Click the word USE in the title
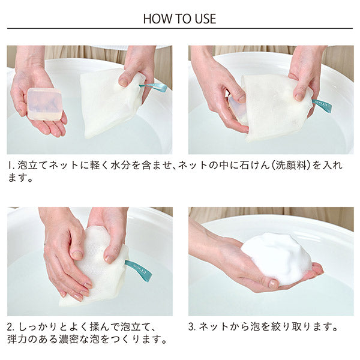point(205,19)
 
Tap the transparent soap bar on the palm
point(45,104)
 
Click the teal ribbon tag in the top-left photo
point(154,88)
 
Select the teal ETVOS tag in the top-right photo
point(322,106)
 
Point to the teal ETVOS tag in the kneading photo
point(139,271)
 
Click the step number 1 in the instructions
point(10,166)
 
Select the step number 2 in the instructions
point(9,327)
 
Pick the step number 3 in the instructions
point(191,327)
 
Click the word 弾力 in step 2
point(17,340)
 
